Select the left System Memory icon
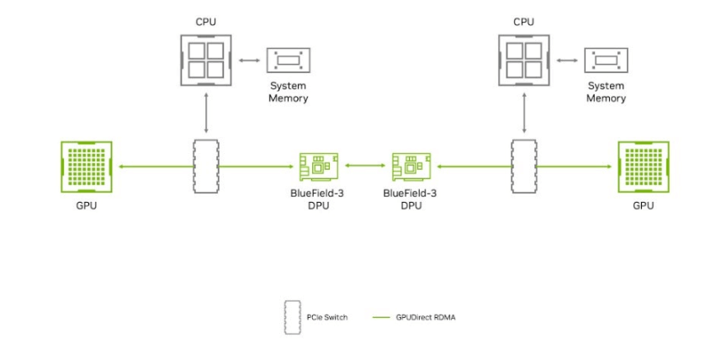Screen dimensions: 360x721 point(289,61)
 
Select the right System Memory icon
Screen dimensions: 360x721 point(606,61)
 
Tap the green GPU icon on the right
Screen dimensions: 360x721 point(643,167)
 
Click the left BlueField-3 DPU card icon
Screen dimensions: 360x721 point(319,167)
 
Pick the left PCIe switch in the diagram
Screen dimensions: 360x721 point(206,167)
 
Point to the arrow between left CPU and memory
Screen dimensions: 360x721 point(249,61)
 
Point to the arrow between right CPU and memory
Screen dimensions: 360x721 point(567,61)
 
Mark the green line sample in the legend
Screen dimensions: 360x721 point(381,317)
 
